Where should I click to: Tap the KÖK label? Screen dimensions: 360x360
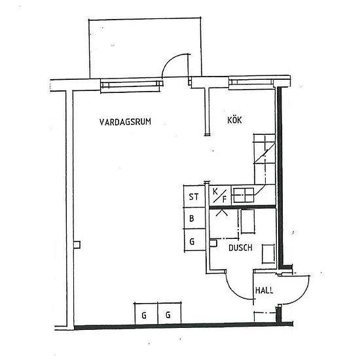[x=235, y=121]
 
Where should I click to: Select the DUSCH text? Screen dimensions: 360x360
[x=240, y=249]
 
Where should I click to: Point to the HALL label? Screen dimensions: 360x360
[x=264, y=291]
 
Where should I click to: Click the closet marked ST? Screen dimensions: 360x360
[x=194, y=196]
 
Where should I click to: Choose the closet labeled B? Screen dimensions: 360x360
[x=192, y=219]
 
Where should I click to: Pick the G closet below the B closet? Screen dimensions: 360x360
[x=192, y=242]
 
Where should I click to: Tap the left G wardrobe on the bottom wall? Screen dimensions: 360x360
[x=144, y=315]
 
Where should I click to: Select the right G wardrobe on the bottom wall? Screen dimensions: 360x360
[x=168, y=315]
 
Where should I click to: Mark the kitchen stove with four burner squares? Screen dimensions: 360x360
[x=244, y=194]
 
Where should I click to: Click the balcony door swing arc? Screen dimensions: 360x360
[x=173, y=63]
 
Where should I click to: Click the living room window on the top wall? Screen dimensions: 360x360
[x=130, y=83]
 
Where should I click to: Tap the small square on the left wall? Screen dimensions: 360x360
[x=77, y=245]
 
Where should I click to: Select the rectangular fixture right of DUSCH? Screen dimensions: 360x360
[x=268, y=253]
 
